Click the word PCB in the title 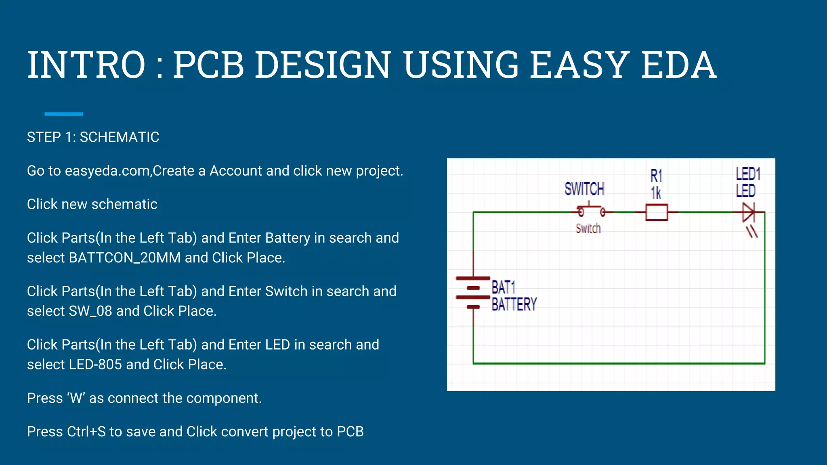point(209,65)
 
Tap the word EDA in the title point(678,65)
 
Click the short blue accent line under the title point(63,114)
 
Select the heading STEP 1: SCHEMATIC point(93,137)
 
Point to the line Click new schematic point(92,204)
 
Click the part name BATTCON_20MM point(125,258)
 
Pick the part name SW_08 point(90,311)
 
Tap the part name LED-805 point(95,364)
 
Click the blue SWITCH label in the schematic point(584,189)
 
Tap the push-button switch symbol point(591,211)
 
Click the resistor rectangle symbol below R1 point(657,212)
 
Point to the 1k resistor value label point(656,193)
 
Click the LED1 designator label point(748,174)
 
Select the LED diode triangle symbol point(748,212)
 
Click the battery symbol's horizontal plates point(473,293)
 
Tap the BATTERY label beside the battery point(514,304)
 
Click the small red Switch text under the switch point(588,228)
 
